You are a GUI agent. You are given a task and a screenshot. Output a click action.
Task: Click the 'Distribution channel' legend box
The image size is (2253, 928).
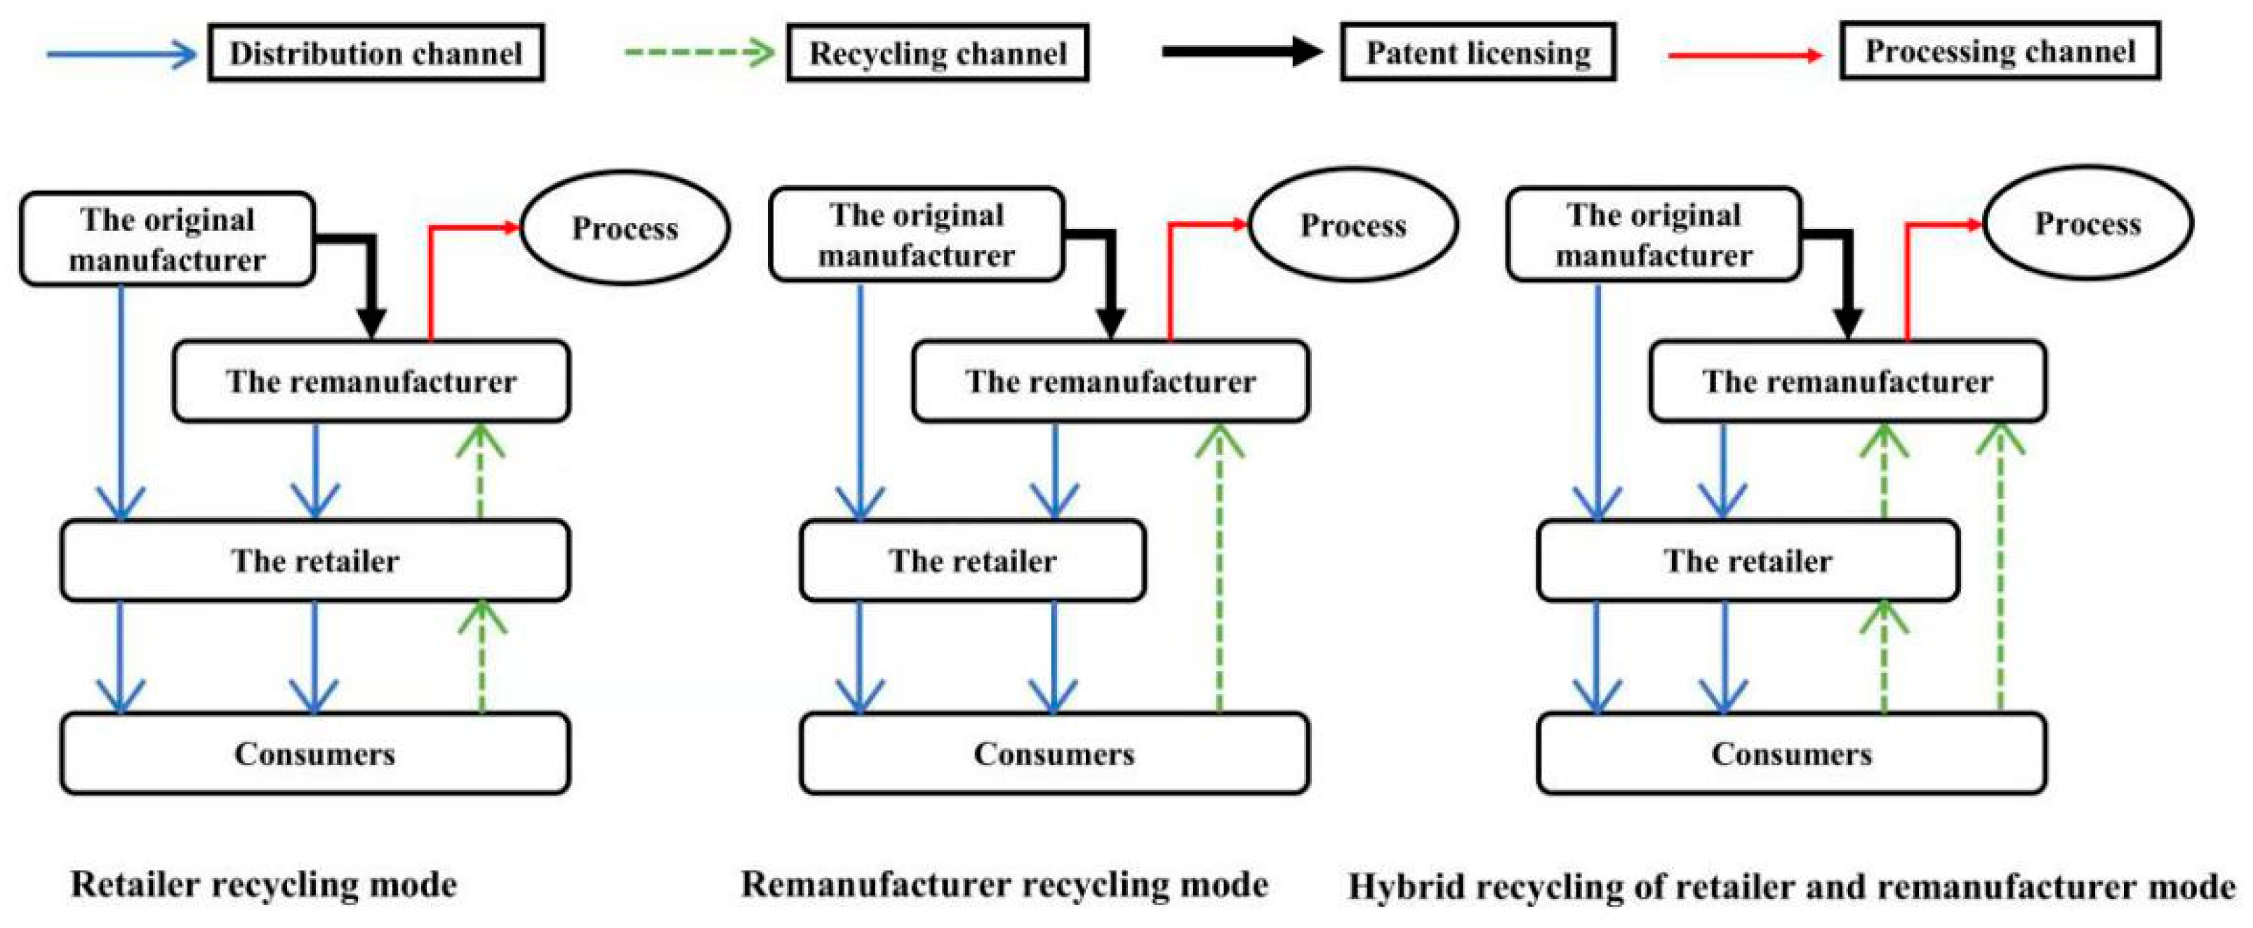pos(376,53)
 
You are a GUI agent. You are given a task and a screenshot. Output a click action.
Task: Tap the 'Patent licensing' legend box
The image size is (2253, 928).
pos(1477,53)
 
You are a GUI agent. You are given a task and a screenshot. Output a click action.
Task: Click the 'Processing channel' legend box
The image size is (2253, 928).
pos(2000,52)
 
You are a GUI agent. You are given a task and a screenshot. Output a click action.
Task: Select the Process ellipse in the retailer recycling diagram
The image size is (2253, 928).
pos(625,228)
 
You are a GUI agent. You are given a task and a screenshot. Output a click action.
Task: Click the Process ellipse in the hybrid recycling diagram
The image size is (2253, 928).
pos(2087,224)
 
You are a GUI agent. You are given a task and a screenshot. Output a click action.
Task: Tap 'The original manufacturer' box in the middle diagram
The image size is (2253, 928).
pos(916,235)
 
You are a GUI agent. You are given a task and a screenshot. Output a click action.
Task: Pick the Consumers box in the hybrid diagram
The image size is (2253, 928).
pos(1790,753)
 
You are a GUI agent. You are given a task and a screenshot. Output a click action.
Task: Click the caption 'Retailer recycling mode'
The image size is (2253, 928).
pos(263,884)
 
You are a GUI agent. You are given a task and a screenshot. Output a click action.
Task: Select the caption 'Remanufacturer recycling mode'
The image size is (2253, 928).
pos(1004,884)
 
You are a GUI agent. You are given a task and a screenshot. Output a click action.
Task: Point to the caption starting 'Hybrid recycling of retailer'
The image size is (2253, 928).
pos(1790,886)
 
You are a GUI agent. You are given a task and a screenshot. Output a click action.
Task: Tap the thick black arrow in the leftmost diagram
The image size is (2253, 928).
pos(371,280)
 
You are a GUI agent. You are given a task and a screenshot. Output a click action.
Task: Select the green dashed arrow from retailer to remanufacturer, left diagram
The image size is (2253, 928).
pos(480,472)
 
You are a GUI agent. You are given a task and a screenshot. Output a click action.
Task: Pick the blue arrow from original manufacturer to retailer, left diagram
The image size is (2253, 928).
pos(121,402)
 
